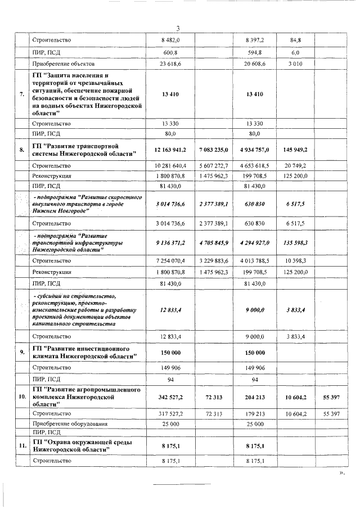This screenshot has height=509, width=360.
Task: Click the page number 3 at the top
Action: tap(177, 29)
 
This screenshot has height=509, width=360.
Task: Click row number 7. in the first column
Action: tap(21, 94)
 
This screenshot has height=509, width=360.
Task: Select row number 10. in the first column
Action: tap(21, 397)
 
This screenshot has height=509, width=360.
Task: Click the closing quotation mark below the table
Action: tap(341, 474)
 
